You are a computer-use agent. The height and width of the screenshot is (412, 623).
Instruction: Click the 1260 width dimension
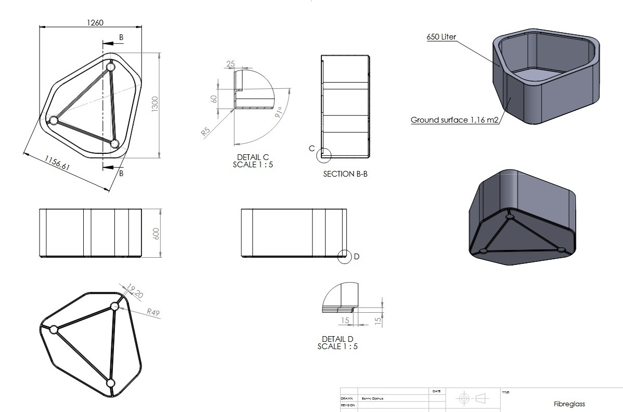[x=96, y=22]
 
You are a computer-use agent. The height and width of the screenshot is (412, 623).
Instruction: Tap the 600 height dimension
[x=155, y=233]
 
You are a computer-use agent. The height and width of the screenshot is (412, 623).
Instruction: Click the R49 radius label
[x=153, y=312]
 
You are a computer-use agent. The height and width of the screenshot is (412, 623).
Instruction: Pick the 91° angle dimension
[x=279, y=113]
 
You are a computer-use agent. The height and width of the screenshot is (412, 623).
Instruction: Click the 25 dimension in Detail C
[x=231, y=64]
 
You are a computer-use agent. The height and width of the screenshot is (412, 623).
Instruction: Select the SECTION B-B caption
[x=345, y=174]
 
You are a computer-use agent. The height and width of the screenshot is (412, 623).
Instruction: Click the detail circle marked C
[x=325, y=154]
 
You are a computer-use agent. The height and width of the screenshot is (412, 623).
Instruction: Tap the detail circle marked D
[x=344, y=256]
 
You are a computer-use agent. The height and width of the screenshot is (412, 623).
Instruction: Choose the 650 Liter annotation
[x=442, y=37]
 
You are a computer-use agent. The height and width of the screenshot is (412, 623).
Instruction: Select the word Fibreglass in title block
[x=569, y=404]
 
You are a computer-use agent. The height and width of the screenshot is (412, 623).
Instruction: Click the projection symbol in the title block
[x=472, y=398]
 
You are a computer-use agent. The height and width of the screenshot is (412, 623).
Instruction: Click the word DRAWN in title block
[x=347, y=398]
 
